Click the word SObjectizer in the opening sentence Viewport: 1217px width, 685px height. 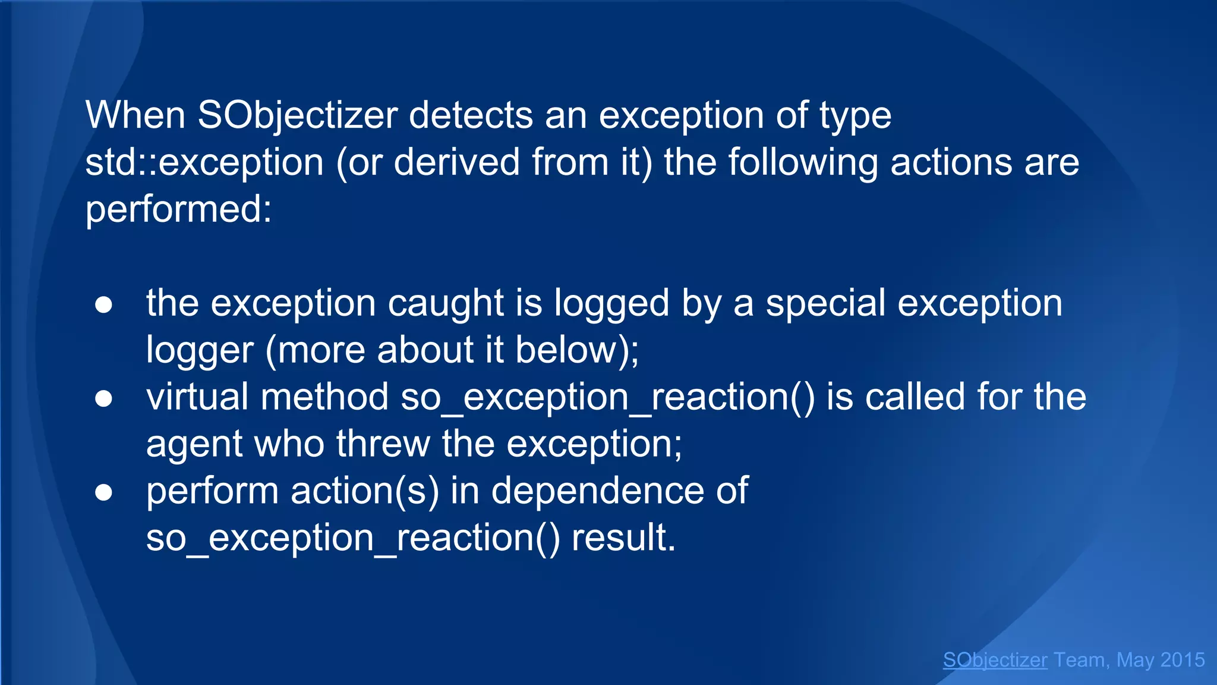tap(297, 115)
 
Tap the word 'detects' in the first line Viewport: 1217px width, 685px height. tap(471, 115)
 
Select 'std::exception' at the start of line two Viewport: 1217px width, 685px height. tap(204, 162)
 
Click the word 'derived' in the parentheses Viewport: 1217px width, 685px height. tap(456, 162)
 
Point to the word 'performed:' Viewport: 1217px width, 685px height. tap(178, 209)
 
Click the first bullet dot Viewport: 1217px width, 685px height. tap(103, 304)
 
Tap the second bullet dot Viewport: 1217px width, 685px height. tap(103, 399)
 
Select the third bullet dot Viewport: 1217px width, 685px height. tap(103, 492)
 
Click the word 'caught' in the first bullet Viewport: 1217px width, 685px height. tap(446, 303)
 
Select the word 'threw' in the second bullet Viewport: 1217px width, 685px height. tap(383, 444)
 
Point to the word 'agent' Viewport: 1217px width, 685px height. tap(194, 444)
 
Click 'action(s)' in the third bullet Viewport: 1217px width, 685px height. tap(364, 491)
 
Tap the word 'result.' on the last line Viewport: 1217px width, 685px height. tap(623, 538)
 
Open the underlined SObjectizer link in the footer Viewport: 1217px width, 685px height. tap(995, 660)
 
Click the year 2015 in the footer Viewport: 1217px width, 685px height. tap(1182, 660)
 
